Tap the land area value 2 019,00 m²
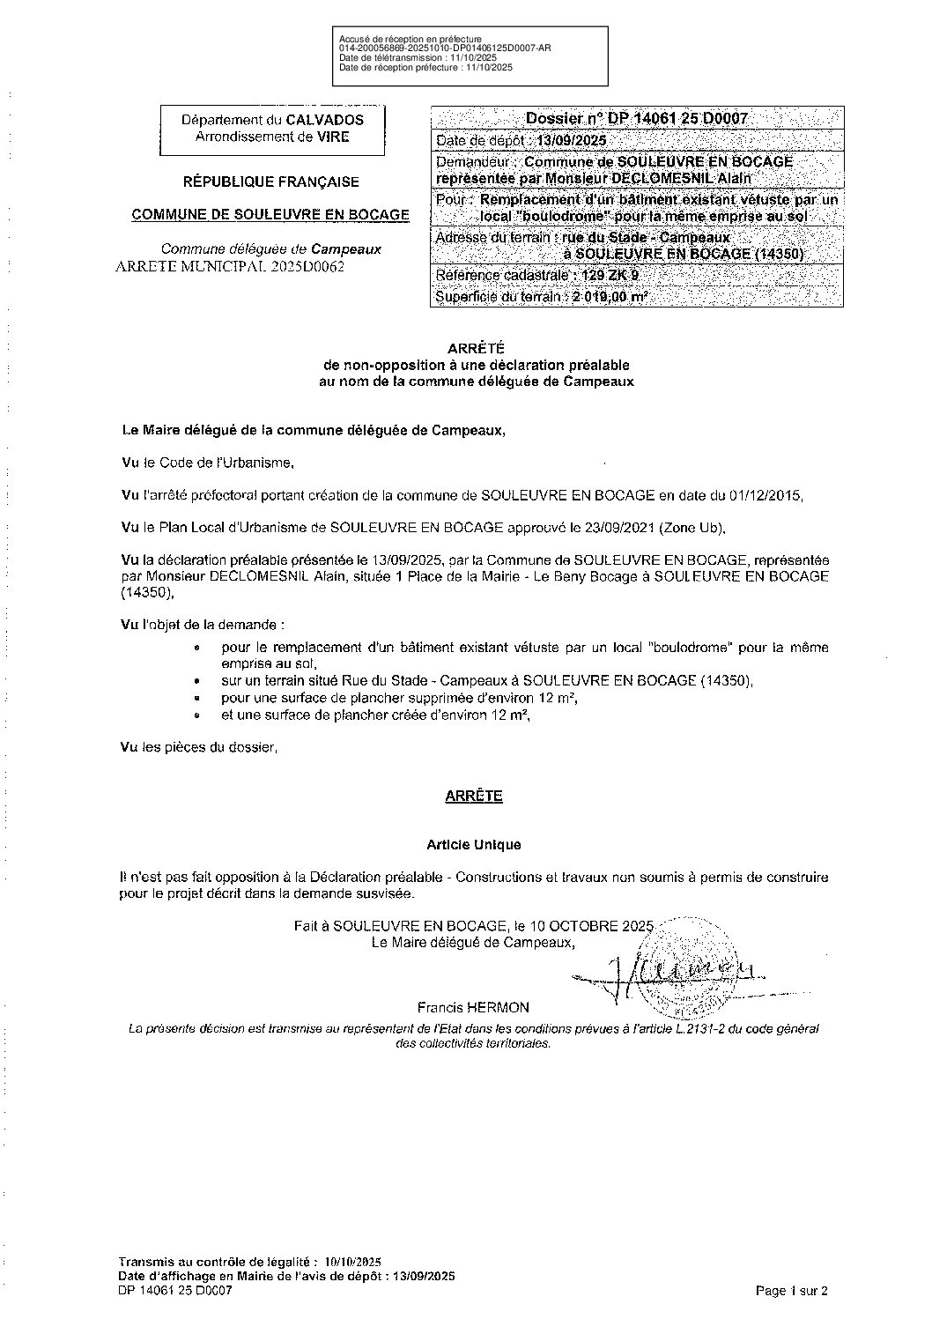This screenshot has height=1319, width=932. [610, 298]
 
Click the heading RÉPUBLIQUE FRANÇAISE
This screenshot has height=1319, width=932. [270, 182]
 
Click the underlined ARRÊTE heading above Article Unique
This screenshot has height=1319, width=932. [474, 796]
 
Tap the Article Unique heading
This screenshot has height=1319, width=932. [474, 844]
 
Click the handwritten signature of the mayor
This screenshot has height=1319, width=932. [669, 972]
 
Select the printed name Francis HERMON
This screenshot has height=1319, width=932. [474, 1007]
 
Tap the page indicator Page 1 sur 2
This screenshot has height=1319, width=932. [792, 1291]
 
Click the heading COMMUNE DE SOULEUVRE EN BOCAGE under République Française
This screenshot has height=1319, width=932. [270, 214]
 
